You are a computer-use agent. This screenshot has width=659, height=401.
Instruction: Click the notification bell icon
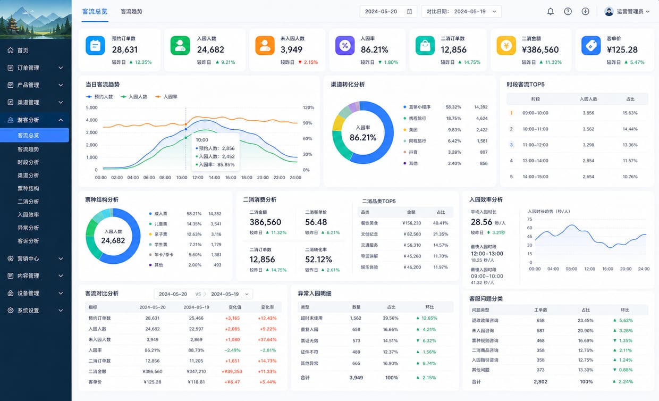[x=551, y=12]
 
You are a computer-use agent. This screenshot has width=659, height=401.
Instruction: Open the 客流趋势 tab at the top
[x=131, y=12]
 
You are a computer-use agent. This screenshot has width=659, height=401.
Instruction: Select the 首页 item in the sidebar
[x=23, y=51]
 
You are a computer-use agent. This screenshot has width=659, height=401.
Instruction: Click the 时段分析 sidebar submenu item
[x=28, y=162]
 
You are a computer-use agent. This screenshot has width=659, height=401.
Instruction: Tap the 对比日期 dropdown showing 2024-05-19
[x=461, y=12]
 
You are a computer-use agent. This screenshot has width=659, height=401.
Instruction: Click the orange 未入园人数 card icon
[x=265, y=46]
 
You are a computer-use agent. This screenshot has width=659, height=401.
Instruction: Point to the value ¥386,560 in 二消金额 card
[x=540, y=50]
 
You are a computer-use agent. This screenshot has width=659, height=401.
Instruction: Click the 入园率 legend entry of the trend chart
[x=166, y=97]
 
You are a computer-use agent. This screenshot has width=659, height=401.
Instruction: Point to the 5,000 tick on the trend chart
[x=91, y=107]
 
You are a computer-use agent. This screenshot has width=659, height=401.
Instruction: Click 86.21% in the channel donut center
[x=363, y=138]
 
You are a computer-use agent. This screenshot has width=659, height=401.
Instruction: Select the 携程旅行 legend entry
[x=415, y=119]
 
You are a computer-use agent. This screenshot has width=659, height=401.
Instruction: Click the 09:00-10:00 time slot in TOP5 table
[x=536, y=113]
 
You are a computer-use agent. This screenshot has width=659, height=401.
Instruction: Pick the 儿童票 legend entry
[x=158, y=224]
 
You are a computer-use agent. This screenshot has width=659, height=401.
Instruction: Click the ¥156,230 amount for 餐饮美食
[x=411, y=223]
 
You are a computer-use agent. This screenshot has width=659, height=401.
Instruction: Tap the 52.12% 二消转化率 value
[x=319, y=260]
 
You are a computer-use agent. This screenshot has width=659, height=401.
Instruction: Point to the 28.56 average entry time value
[x=481, y=222]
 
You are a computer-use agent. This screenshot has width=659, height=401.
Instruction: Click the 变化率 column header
[x=267, y=307]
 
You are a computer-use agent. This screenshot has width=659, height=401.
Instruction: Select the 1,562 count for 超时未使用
[x=356, y=318]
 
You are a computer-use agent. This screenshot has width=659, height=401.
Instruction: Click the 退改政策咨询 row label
[x=485, y=320]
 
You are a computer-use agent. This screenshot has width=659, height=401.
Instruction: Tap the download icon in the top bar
[x=586, y=12]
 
